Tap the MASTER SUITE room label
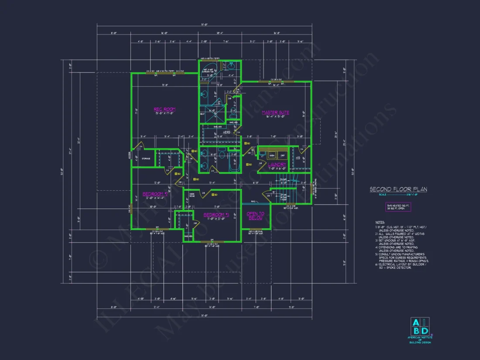[275, 113]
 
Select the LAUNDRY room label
[277, 165]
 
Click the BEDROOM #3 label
[217, 214]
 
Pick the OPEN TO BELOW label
[256, 216]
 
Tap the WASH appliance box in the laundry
[271, 155]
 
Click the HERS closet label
[227, 132]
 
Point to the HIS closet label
[298, 158]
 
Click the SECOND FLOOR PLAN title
[398, 189]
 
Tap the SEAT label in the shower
[202, 114]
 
